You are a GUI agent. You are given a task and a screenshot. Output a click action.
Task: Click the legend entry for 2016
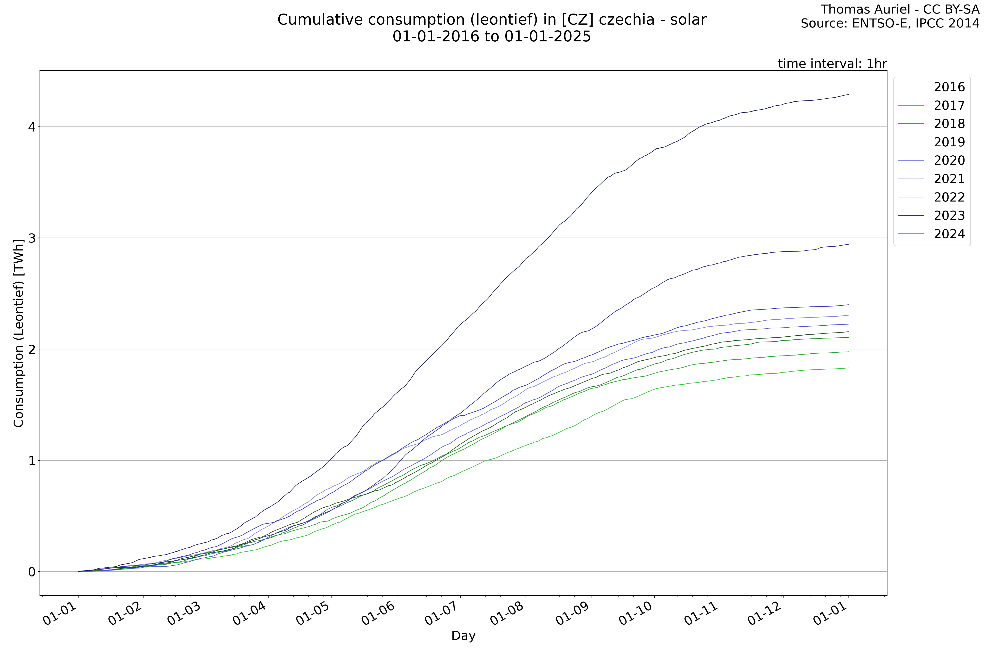[949, 87]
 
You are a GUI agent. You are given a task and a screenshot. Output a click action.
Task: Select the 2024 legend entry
[949, 234]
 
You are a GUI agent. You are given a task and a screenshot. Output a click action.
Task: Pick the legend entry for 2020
[949, 161]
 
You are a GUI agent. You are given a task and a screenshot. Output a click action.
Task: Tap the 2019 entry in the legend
[949, 142]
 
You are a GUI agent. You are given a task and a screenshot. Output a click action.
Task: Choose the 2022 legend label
[949, 197]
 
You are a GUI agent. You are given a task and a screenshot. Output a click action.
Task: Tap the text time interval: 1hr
[832, 64]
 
